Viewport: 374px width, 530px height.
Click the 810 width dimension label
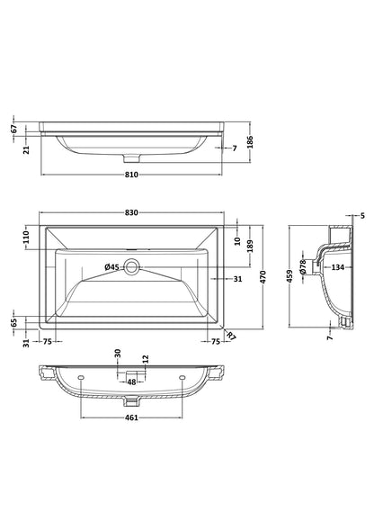(x=131, y=175)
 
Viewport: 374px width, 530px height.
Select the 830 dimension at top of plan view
(x=131, y=212)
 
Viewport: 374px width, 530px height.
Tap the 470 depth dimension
(x=263, y=277)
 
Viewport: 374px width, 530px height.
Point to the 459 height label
(x=289, y=276)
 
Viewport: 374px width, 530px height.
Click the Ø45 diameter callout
(x=111, y=267)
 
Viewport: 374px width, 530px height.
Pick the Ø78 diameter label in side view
(x=303, y=266)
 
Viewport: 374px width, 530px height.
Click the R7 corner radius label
(x=231, y=336)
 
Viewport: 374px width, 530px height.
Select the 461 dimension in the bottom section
(x=131, y=418)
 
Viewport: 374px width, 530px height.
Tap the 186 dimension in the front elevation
(x=250, y=142)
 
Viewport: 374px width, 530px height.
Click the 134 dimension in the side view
(x=337, y=267)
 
